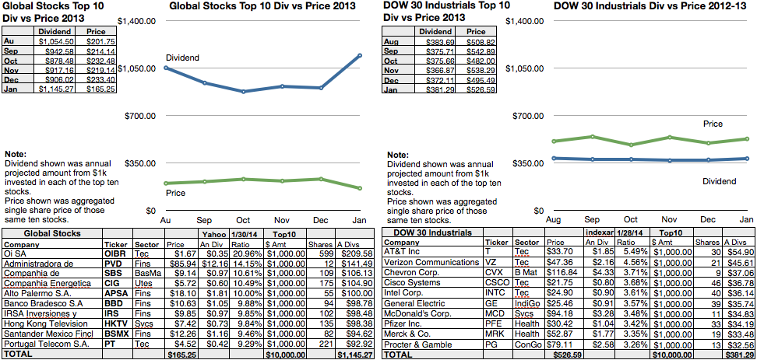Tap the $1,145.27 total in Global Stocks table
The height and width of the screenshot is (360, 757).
[x=357, y=355]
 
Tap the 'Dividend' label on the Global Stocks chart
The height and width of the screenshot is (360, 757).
[x=182, y=58]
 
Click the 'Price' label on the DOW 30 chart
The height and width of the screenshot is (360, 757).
[x=713, y=124]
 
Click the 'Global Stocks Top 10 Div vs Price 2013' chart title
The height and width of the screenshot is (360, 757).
[x=262, y=6]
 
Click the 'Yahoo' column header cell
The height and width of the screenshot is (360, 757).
[x=211, y=233]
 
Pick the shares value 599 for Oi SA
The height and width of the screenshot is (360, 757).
[x=326, y=253]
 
